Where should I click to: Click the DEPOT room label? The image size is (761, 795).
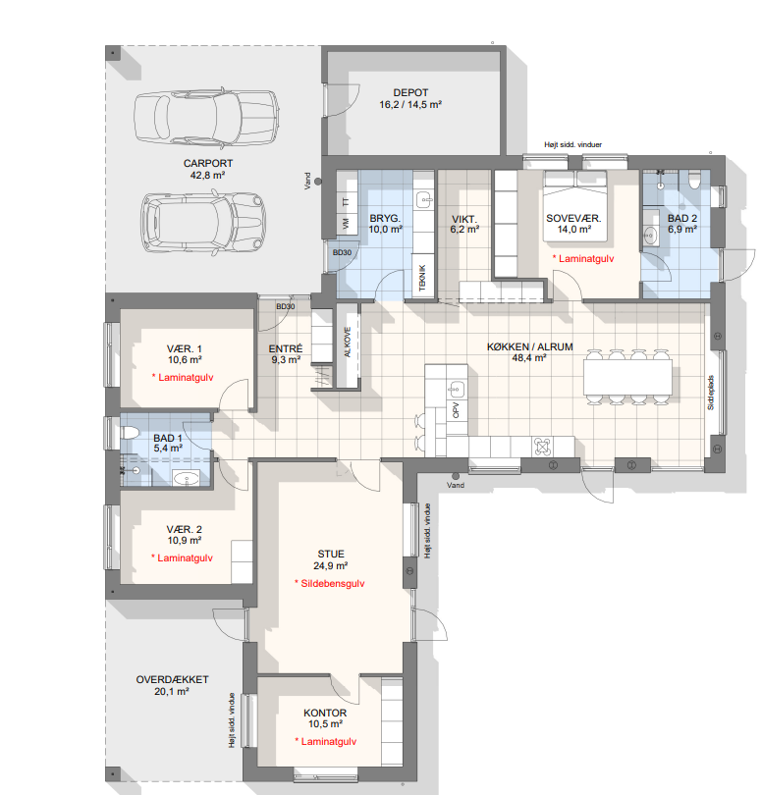(x=410, y=93)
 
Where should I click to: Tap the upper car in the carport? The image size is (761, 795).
(x=206, y=118)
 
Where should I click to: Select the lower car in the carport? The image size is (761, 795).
(x=203, y=222)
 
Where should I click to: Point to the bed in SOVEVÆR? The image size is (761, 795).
(x=574, y=206)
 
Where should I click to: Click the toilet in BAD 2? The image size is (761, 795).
(x=694, y=180)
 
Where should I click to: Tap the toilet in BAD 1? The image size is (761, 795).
(x=130, y=433)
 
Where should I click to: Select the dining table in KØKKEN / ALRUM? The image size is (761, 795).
(x=627, y=377)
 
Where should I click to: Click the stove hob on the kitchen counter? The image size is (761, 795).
(x=542, y=448)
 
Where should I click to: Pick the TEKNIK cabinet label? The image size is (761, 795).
(x=422, y=278)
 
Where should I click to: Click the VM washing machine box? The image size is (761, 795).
(x=346, y=223)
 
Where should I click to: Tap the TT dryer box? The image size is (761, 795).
(x=346, y=201)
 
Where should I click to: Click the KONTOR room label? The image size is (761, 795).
(x=325, y=713)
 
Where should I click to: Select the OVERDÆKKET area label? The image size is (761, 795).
(x=172, y=679)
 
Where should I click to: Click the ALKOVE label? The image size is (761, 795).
(x=348, y=342)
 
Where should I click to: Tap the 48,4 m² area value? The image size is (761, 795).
(x=528, y=358)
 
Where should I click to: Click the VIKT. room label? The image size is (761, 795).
(x=463, y=219)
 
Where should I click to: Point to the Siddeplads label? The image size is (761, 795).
(x=711, y=393)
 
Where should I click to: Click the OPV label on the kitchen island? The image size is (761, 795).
(x=456, y=409)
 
